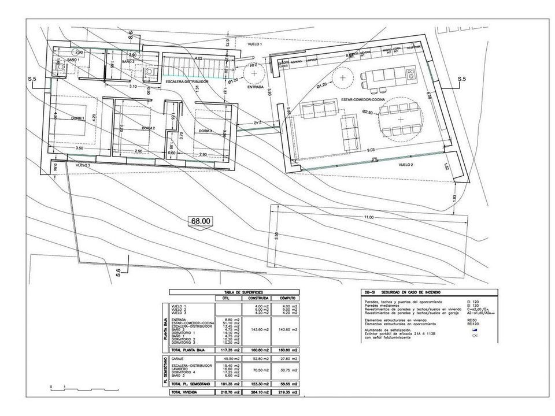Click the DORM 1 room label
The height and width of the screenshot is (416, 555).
[x=77, y=118]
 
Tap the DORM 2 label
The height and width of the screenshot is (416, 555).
[x=148, y=128]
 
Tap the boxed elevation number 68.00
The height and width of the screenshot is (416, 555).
[x=201, y=220]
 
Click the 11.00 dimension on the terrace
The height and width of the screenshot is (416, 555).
[x=369, y=217]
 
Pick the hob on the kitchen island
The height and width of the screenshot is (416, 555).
[x=411, y=73]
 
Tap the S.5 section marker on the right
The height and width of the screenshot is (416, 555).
[x=462, y=78]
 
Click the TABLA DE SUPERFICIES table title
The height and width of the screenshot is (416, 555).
[x=232, y=292]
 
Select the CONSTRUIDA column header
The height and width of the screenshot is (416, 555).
[x=257, y=298]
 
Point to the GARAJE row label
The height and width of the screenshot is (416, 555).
[x=178, y=358]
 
